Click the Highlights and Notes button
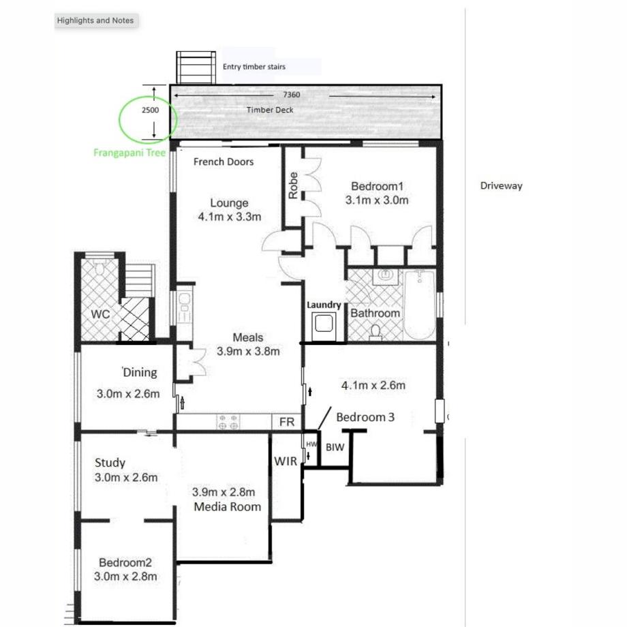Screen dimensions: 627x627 pyautogui.click(x=95, y=20)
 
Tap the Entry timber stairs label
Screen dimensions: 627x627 pyautogui.click(x=254, y=67)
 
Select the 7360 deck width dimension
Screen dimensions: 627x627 pyautogui.click(x=291, y=95)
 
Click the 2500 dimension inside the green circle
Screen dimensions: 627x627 pyautogui.click(x=150, y=110)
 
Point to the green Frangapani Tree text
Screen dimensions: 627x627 pyautogui.click(x=129, y=153)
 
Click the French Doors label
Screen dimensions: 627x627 pyautogui.click(x=224, y=162)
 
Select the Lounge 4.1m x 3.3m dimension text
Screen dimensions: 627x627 pyautogui.click(x=230, y=217)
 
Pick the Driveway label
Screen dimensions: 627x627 pyautogui.click(x=501, y=185)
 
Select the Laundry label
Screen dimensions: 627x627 pyautogui.click(x=323, y=305)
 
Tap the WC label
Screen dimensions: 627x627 pyautogui.click(x=100, y=313)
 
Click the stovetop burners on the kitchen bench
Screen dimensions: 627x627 pyautogui.click(x=228, y=423)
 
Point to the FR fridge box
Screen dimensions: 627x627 pyautogui.click(x=287, y=423)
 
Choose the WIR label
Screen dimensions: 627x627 pyautogui.click(x=286, y=461)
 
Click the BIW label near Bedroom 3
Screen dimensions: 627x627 pyautogui.click(x=335, y=447)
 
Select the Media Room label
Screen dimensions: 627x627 pyautogui.click(x=227, y=506)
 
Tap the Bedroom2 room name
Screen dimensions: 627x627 pyautogui.click(x=125, y=563)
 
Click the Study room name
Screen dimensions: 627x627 pyautogui.click(x=110, y=463)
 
